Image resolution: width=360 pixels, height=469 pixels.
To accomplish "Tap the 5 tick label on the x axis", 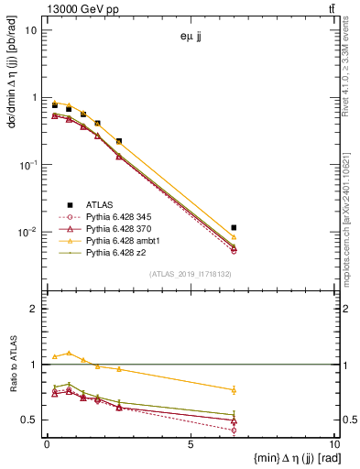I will pyautogui.click(x=190, y=445).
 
